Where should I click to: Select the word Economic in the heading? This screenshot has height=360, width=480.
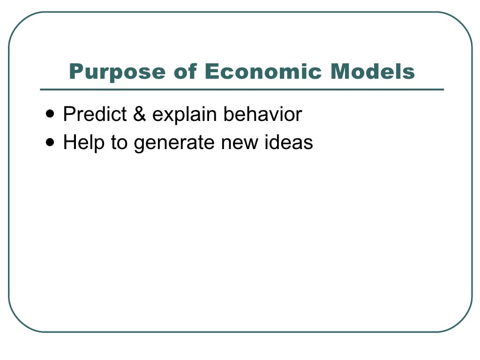263,72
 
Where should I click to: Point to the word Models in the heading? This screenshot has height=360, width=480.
373,72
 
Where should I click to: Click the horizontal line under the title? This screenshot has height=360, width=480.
241,89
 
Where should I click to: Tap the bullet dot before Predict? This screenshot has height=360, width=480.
51,113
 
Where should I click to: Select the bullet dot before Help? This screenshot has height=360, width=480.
51,141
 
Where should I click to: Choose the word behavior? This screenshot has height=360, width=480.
262,114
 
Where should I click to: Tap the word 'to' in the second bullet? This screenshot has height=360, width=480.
119,142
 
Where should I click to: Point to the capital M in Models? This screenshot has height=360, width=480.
340,72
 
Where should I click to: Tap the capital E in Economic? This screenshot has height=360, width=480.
210,72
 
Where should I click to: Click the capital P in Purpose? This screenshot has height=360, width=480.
75,72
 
